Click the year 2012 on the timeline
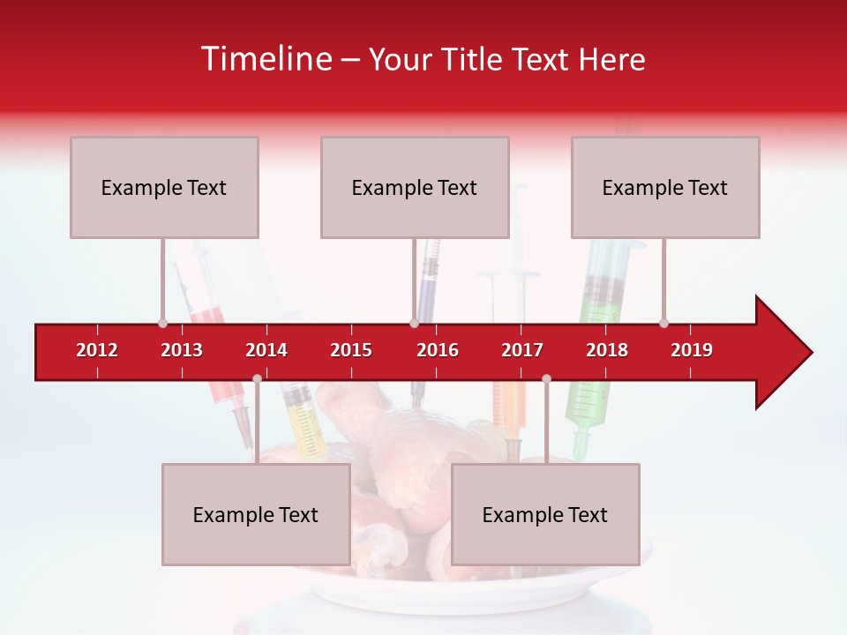(x=97, y=350)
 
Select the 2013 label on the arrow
(x=182, y=350)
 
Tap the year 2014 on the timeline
(x=266, y=350)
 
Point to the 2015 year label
(x=351, y=350)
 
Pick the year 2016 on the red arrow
(x=438, y=350)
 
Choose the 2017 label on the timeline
(x=522, y=350)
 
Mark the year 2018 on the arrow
(x=607, y=350)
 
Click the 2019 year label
(x=692, y=350)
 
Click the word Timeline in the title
(x=265, y=59)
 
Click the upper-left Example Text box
(x=164, y=187)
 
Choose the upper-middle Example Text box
(x=415, y=187)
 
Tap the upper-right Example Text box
(x=665, y=187)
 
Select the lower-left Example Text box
(x=256, y=514)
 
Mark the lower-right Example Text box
(x=545, y=514)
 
